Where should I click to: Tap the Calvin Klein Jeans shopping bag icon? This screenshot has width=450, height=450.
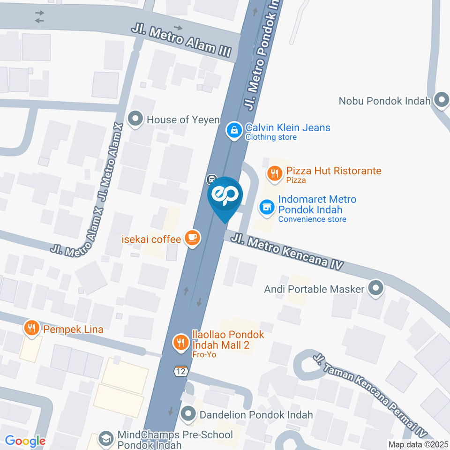(x=233, y=131)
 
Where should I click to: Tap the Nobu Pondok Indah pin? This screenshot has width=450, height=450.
(x=441, y=100)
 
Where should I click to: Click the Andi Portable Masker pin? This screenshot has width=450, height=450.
(x=375, y=288)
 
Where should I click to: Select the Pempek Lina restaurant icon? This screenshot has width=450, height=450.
(x=32, y=328)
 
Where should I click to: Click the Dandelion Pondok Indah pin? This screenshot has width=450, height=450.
(x=188, y=414)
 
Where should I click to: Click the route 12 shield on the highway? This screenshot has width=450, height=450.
(x=180, y=371)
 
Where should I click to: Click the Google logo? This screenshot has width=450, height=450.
(x=25, y=441)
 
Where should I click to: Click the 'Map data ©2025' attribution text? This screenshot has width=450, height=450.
(x=418, y=444)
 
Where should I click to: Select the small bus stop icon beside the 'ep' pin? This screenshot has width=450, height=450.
(x=211, y=179)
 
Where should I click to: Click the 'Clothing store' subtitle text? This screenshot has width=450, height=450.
(x=271, y=137)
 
